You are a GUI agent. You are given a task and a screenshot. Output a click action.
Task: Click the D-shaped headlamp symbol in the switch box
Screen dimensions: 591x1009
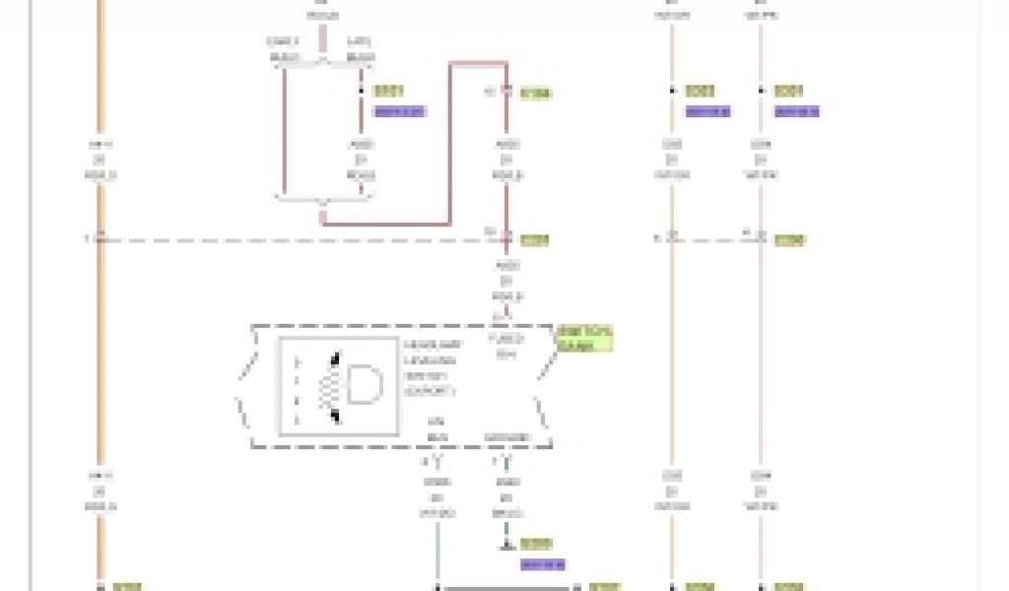(x=362, y=384)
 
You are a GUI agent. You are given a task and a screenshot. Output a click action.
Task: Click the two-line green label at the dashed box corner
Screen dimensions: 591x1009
(x=583, y=338)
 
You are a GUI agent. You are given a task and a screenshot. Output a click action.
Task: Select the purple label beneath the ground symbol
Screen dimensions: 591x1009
(x=542, y=564)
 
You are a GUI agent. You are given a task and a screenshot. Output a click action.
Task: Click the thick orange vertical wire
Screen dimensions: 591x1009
(x=100, y=295)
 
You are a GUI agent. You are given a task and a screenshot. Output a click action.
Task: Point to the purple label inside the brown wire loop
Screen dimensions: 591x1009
(x=399, y=111)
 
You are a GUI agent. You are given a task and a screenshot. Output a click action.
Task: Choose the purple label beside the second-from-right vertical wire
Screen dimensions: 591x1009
(x=707, y=111)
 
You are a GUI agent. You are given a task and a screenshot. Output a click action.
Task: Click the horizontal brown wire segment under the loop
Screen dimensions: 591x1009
(x=386, y=225)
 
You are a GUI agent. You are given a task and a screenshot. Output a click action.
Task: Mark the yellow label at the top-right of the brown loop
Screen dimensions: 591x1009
(x=535, y=94)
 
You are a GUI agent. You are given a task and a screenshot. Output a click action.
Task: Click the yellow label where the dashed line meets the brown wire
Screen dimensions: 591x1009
(x=534, y=239)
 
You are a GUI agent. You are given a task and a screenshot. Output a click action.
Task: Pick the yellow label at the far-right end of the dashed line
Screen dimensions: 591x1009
(x=788, y=239)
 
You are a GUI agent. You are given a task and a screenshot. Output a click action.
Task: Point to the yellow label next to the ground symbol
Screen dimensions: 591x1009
(x=537, y=543)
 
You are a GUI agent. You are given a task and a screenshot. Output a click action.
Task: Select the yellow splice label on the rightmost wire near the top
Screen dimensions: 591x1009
(x=788, y=91)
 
